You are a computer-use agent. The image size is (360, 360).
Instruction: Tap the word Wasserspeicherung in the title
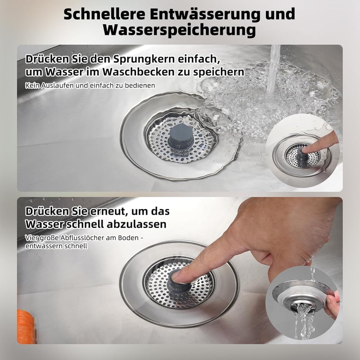(179, 30)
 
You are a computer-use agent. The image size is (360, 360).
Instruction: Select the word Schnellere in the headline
(104, 14)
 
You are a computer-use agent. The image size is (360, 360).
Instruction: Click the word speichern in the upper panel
(218, 72)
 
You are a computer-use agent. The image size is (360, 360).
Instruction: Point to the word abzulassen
(136, 224)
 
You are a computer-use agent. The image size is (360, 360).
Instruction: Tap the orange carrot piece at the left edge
(26, 327)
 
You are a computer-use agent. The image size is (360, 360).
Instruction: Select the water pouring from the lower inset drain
(304, 321)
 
